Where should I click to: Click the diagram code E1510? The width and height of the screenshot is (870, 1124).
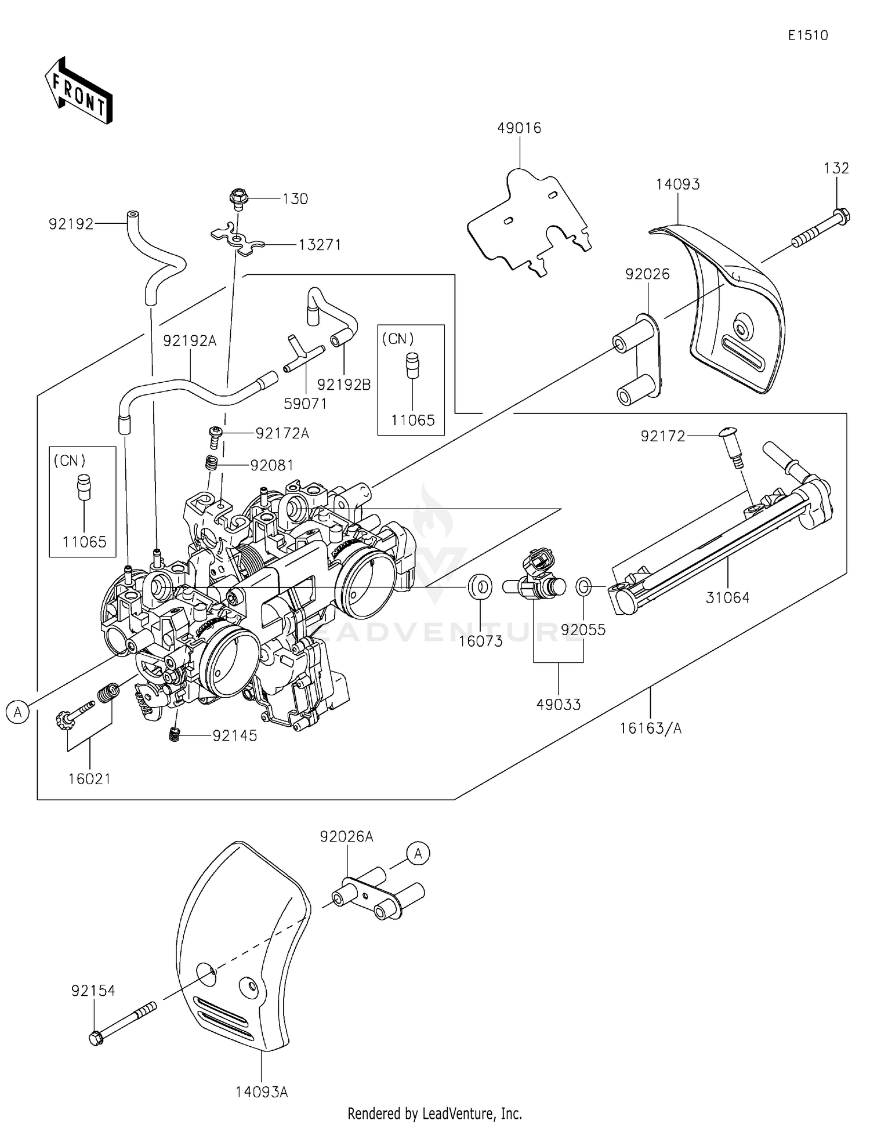point(808,35)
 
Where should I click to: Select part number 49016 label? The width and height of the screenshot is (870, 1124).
point(519,128)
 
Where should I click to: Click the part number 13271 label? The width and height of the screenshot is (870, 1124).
point(320,245)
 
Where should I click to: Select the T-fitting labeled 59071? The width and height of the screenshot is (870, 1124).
point(303,355)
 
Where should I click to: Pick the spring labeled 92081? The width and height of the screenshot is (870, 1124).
point(212,463)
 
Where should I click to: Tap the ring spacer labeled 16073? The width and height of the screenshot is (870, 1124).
point(480,586)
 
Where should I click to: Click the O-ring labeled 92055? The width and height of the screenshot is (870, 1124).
point(583,586)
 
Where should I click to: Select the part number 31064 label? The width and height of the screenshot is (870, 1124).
point(727,597)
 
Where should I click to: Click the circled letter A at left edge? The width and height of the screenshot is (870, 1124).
point(18,712)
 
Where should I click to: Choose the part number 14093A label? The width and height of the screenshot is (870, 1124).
point(262,1092)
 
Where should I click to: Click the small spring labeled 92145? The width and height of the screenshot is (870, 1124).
point(173,734)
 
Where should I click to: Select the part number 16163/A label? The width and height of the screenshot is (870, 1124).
point(651,728)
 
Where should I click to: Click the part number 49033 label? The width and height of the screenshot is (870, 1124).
point(559,704)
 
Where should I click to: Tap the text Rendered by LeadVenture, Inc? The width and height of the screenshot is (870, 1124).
point(435,1113)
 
